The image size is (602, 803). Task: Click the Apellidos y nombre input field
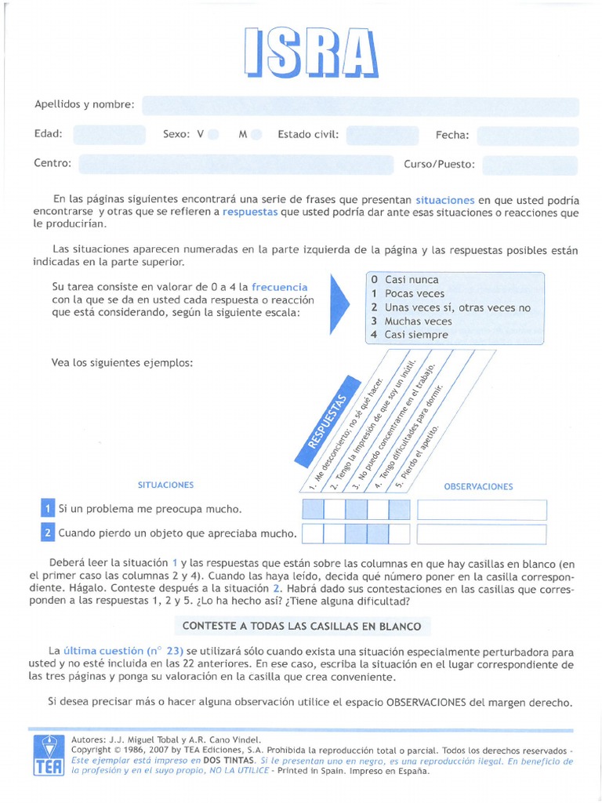[x=360, y=106]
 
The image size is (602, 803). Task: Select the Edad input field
[x=109, y=135]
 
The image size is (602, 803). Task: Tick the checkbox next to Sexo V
[x=213, y=135]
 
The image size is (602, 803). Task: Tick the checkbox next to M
[x=256, y=135]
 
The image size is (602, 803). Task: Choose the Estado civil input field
[x=382, y=135]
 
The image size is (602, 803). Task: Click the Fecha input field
[x=527, y=136]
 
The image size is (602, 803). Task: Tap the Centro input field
[x=235, y=164]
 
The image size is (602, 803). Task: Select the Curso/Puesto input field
[x=530, y=165]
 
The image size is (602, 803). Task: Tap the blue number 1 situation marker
[x=48, y=509]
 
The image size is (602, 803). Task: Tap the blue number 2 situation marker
[x=48, y=533]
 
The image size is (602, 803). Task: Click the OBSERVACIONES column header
[x=478, y=487]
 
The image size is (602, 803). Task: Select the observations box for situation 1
[x=481, y=510]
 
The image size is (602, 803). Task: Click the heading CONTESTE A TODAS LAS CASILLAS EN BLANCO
[x=302, y=626]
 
